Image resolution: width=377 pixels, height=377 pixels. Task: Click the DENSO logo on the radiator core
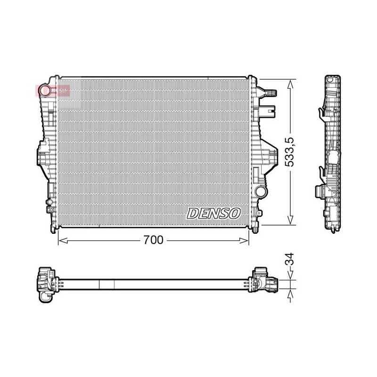pos(213,213)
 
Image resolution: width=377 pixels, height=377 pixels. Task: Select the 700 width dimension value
pos(154,240)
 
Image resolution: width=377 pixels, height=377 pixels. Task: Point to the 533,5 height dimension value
pos(289,152)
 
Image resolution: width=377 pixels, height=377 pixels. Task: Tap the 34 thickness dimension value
pos(290,259)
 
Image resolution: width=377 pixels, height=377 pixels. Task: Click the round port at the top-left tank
pos(45,90)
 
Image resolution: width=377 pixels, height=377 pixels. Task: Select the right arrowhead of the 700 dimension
pos(244,240)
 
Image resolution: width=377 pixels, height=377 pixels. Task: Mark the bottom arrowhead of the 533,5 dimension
pos(290,220)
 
